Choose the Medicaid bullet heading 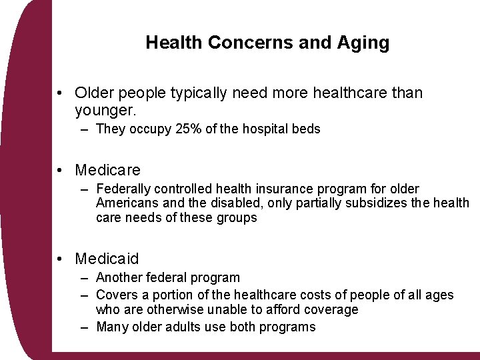pos(107,259)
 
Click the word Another pos(119,278)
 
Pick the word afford pos(291,310)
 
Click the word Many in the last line pos(111,327)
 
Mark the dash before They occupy pos(85,129)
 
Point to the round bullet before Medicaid pos(61,259)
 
